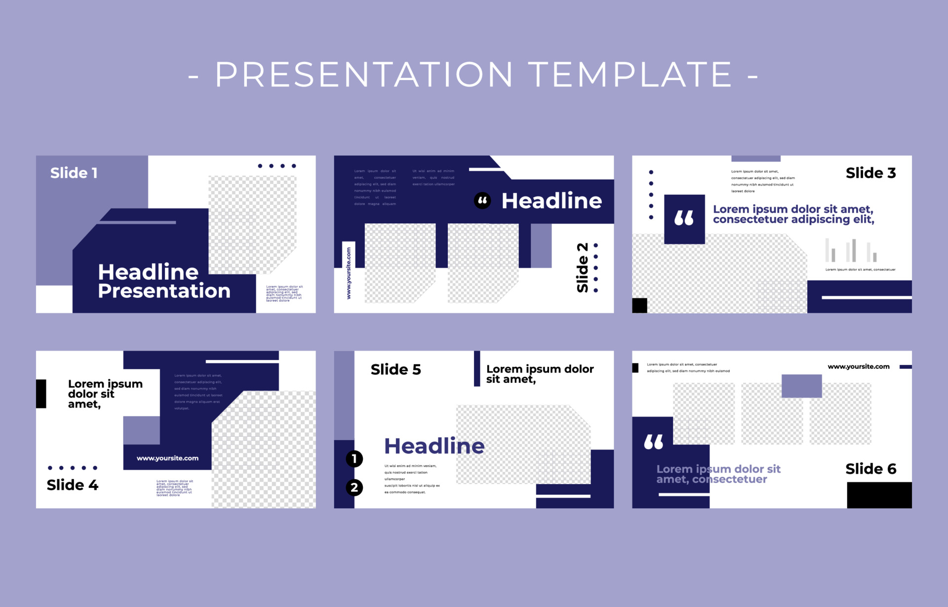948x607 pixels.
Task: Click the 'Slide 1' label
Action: point(74,173)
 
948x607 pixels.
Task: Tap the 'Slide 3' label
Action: point(870,173)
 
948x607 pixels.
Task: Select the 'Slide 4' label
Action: point(73,485)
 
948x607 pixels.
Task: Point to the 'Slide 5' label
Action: point(395,369)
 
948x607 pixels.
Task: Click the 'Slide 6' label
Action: point(870,469)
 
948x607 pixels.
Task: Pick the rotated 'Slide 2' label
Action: point(583,267)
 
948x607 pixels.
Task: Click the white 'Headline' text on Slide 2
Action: point(552,201)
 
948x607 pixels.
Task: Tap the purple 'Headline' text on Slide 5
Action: point(434,446)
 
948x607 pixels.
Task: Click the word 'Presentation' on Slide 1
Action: point(164,291)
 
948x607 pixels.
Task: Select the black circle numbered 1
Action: point(354,459)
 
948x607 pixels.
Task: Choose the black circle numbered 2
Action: point(354,488)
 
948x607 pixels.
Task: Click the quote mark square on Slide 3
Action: point(684,219)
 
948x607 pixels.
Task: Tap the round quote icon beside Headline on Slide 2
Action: point(482,201)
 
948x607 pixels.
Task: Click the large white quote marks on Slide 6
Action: point(654,442)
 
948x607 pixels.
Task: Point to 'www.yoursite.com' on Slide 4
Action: point(167,458)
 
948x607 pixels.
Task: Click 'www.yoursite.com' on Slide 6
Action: point(858,366)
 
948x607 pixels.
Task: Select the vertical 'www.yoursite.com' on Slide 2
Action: point(349,273)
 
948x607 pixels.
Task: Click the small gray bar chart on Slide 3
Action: point(851,250)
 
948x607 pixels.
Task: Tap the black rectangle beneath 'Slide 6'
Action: point(879,495)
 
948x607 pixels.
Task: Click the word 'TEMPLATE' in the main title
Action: point(630,75)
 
